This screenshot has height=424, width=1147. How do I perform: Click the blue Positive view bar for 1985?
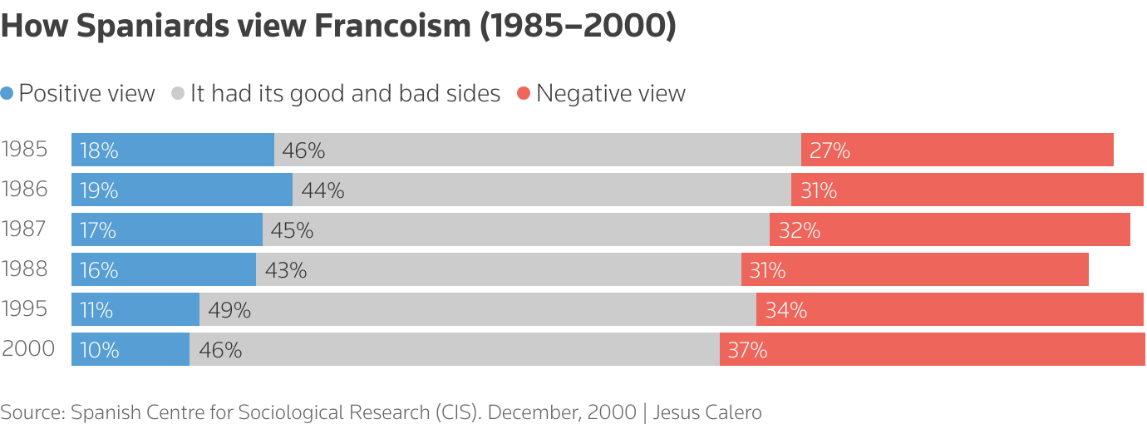pyautogui.click(x=172, y=150)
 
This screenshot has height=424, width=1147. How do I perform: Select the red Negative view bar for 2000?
pyautogui.click(x=932, y=349)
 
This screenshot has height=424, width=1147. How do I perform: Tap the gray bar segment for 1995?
pyautogui.click(x=477, y=309)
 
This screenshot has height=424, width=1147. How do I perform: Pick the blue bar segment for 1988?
pyautogui.click(x=164, y=269)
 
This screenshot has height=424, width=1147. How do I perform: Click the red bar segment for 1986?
pyautogui.click(x=967, y=190)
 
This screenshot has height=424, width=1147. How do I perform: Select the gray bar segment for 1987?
pyautogui.click(x=515, y=229)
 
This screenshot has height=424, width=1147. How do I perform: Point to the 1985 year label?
pyautogui.click(x=25, y=150)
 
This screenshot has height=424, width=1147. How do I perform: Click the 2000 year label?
pyautogui.click(x=28, y=349)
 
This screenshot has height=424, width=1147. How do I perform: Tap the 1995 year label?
pyautogui.click(x=25, y=309)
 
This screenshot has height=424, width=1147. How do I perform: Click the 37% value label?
pyautogui.click(x=747, y=350)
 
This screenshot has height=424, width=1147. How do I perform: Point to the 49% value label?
pyautogui.click(x=229, y=310)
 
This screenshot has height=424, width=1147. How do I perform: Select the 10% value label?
pyautogui.click(x=100, y=350)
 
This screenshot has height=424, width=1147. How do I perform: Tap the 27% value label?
pyautogui.click(x=829, y=150)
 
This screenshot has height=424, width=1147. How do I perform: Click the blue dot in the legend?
pyautogui.click(x=7, y=94)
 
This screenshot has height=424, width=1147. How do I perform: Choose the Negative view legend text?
pyautogui.click(x=610, y=93)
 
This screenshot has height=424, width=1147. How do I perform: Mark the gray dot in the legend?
pyautogui.click(x=178, y=94)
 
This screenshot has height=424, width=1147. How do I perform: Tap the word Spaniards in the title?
pyautogui.click(x=150, y=27)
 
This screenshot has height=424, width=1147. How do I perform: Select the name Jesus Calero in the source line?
pyautogui.click(x=707, y=412)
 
